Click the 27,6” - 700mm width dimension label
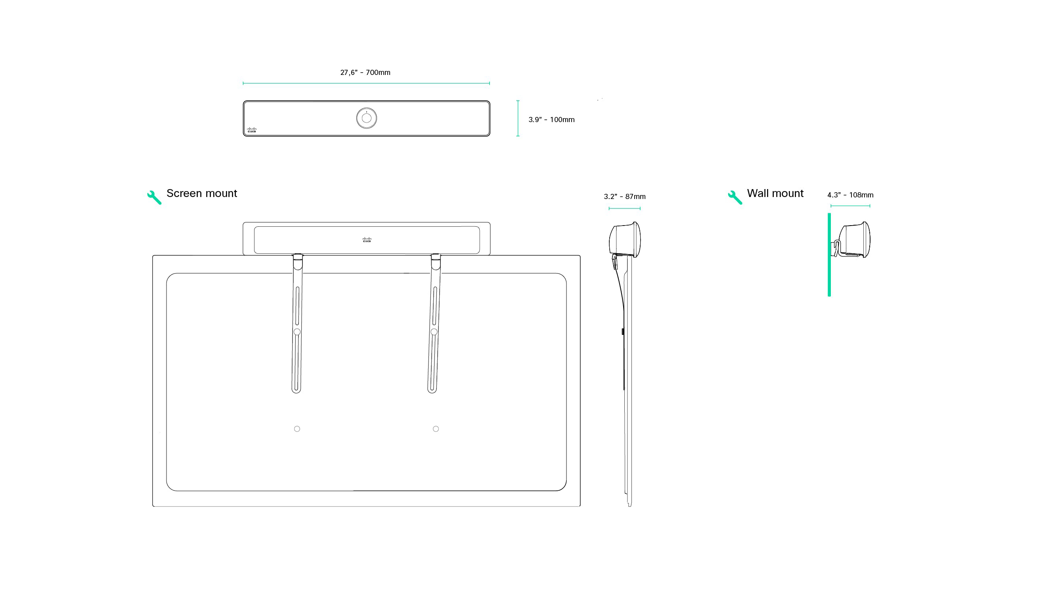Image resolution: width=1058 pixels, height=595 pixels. [365, 73]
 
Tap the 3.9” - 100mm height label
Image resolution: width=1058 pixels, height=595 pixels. [551, 120]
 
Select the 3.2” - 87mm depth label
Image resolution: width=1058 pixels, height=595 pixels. [624, 197]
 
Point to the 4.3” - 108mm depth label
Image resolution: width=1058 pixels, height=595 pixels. [850, 195]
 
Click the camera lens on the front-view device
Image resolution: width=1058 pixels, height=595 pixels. [366, 118]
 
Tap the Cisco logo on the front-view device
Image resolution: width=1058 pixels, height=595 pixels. [251, 130]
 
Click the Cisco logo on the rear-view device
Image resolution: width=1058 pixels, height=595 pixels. [367, 240]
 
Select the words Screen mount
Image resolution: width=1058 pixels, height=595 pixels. [202, 193]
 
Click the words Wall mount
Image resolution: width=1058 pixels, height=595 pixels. [775, 193]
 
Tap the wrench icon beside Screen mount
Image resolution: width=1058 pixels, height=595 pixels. [154, 197]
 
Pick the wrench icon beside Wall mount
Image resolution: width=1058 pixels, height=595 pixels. [735, 197]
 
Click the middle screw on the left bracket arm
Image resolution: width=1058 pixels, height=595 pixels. [297, 332]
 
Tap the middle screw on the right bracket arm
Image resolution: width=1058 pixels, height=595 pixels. [434, 332]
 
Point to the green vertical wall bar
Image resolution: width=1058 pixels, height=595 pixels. [829, 255]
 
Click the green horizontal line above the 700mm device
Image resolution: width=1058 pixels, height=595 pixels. [366, 83]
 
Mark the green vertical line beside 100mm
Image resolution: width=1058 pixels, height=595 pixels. [518, 118]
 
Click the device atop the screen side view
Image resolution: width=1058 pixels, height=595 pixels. [625, 240]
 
